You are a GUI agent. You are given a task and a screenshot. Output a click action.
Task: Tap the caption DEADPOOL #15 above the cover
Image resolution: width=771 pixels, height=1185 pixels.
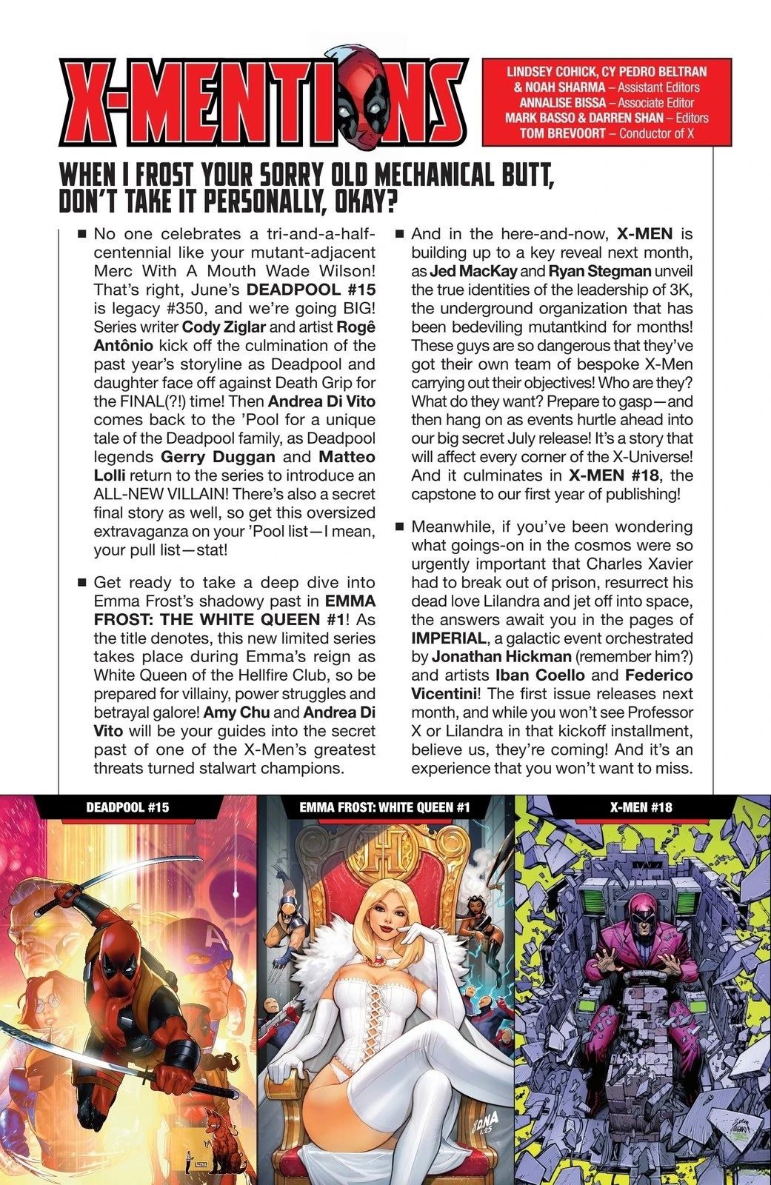(127, 807)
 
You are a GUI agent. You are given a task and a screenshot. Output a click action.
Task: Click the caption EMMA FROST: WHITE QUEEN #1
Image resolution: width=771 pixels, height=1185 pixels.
(385, 807)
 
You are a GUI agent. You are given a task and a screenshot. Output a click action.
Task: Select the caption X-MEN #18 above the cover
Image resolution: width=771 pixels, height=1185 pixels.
(641, 807)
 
